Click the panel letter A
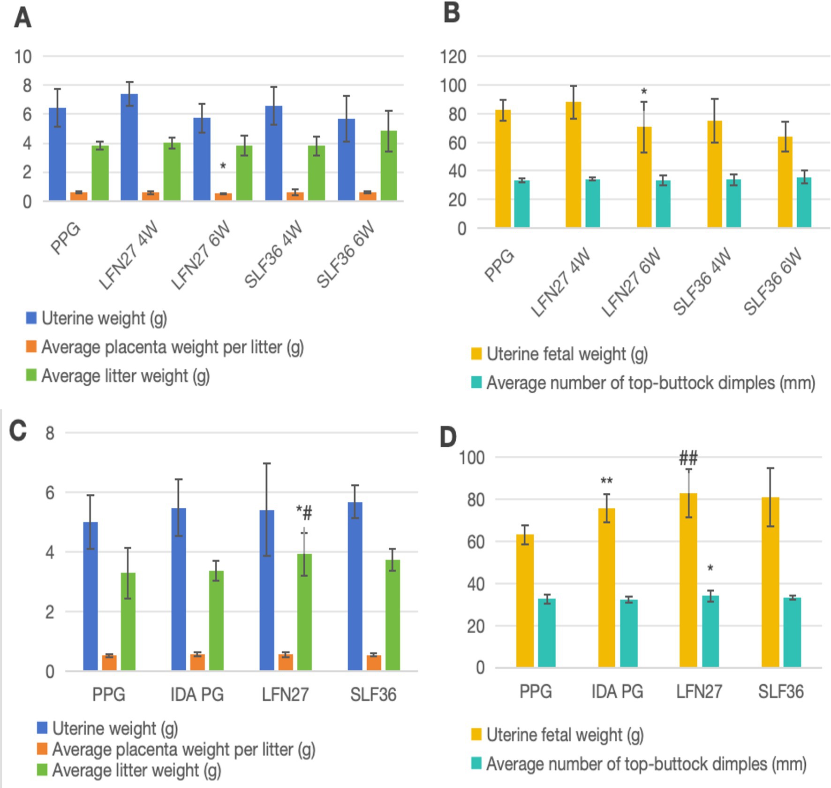[x=23, y=19]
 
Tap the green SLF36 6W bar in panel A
[x=389, y=166]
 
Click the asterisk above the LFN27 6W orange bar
[x=223, y=166]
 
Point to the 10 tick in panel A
[x=23, y=57]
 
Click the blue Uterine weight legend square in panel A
[x=31, y=318]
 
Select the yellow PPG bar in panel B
[x=503, y=169]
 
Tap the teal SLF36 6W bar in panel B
[x=804, y=202]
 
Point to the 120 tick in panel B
[x=453, y=57]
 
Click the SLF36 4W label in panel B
[x=702, y=282]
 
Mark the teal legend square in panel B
[x=476, y=383]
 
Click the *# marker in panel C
[x=304, y=513]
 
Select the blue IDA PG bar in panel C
[x=179, y=589]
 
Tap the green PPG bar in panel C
[x=128, y=621]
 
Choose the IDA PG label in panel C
[x=197, y=695]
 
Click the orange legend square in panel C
[x=42, y=749]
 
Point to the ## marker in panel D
[x=688, y=457]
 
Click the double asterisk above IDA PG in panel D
[x=606, y=481]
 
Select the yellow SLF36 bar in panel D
[x=771, y=582]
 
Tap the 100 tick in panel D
[x=471, y=457]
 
